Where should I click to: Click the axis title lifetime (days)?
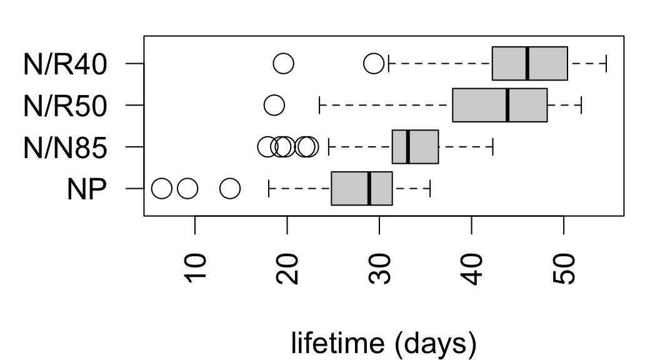(384, 343)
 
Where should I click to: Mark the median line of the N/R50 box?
(507, 105)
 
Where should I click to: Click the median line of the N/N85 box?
(407, 146)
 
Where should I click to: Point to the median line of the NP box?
(369, 187)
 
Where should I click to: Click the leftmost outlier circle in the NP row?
(162, 187)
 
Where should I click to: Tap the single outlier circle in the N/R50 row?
(274, 105)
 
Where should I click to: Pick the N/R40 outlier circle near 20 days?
(284, 63)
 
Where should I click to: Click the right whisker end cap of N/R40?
(606, 63)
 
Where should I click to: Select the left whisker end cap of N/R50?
(319, 105)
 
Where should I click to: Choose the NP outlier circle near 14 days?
(230, 187)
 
